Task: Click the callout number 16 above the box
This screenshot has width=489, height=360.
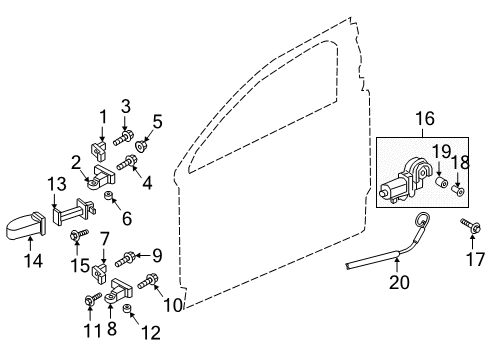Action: (x=425, y=119)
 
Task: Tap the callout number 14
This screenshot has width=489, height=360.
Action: (x=34, y=261)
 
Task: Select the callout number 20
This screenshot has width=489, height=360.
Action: (x=399, y=282)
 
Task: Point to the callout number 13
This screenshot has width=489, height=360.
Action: (x=57, y=184)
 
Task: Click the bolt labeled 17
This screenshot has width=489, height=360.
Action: (x=470, y=225)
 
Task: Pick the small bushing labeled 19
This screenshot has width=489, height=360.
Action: (x=442, y=182)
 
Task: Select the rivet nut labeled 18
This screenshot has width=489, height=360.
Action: (x=458, y=191)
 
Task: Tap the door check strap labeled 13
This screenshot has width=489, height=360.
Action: (x=74, y=212)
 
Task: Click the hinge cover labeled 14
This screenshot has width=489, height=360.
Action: (x=26, y=227)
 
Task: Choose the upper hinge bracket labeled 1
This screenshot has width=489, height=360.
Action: (x=98, y=149)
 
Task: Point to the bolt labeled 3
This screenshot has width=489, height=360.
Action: (x=122, y=138)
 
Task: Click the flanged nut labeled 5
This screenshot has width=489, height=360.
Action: (x=142, y=146)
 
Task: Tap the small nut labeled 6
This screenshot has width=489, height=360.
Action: (x=108, y=196)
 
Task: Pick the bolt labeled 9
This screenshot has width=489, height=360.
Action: (x=125, y=259)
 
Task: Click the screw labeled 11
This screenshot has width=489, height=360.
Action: (x=93, y=298)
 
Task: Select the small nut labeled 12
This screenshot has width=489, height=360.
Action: (x=127, y=309)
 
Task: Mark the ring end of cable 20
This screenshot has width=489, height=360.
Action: (x=422, y=221)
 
